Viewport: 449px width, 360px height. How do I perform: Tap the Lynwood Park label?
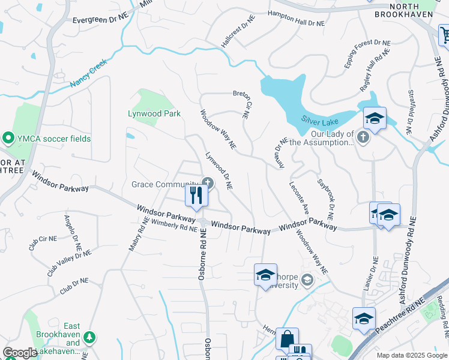pos(154,113)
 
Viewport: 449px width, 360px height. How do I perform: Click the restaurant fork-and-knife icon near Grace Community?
pos(196,195)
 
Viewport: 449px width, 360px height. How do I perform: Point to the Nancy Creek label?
pos(88,74)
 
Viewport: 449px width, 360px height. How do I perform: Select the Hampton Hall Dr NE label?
pos(296,20)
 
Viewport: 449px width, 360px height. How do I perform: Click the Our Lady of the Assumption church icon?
pos(363,138)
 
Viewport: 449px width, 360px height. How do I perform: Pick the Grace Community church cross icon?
pos(208,182)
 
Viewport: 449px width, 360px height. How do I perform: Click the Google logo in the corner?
pos(20,353)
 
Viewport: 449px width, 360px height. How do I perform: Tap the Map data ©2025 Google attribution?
pos(411,355)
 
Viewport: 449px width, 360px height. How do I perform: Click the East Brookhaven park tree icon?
pos(89,337)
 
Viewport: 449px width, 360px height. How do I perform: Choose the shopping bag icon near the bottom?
pos(286,338)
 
